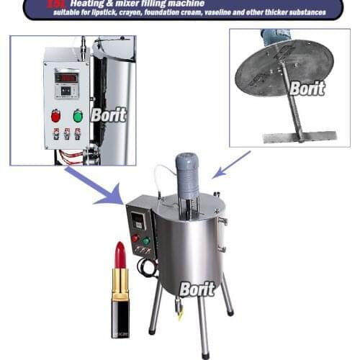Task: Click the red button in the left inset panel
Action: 55,116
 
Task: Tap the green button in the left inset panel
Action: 78,116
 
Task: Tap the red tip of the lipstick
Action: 120,254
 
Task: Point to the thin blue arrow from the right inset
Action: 233,164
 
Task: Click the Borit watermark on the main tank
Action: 197,289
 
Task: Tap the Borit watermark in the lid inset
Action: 307,88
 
